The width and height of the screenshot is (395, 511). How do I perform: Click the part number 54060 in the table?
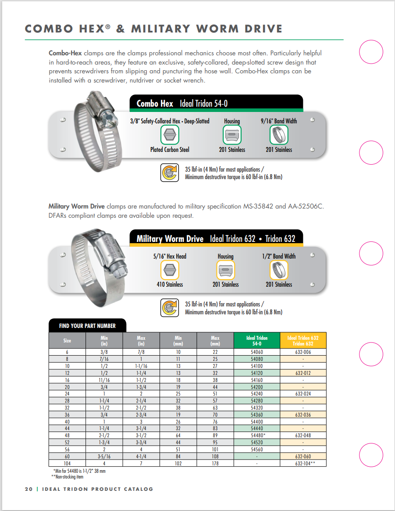(x=257, y=352)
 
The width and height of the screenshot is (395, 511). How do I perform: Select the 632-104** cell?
(x=303, y=463)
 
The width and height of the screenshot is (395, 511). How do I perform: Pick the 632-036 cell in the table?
(x=303, y=414)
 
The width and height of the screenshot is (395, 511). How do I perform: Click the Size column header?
(x=67, y=340)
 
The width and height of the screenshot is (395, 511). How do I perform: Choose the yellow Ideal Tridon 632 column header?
(x=303, y=340)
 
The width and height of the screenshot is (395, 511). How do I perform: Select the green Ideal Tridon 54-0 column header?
(x=257, y=340)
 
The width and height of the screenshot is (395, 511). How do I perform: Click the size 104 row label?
(x=67, y=463)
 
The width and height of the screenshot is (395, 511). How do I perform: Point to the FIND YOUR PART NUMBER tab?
(x=87, y=326)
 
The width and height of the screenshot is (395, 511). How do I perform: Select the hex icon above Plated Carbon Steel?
(x=170, y=135)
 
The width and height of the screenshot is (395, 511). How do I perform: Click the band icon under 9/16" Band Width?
(x=278, y=135)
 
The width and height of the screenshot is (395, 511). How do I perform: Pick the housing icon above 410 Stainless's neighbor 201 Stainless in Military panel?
(x=226, y=270)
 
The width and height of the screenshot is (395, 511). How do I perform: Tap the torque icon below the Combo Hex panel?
(x=170, y=172)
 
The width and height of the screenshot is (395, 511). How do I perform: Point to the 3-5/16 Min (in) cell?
(x=104, y=456)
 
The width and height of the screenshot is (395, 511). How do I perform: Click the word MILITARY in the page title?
(x=162, y=29)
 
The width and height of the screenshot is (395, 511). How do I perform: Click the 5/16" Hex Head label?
(x=170, y=256)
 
